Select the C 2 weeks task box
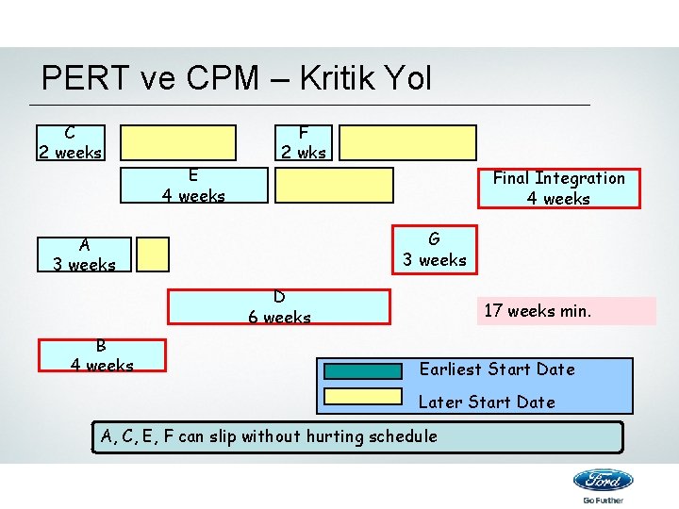(x=71, y=142)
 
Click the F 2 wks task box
(x=303, y=142)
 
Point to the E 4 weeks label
(x=192, y=186)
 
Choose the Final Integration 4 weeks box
(x=558, y=189)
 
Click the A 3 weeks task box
(x=84, y=254)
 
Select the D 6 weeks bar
(x=279, y=307)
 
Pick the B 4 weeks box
(x=102, y=355)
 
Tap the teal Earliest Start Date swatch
(x=363, y=370)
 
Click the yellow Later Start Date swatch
(x=363, y=396)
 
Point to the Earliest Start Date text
(x=496, y=369)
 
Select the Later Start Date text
(x=487, y=402)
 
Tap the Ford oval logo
(x=603, y=481)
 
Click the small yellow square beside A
(x=153, y=254)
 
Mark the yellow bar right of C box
(x=178, y=142)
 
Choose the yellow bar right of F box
(x=408, y=142)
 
